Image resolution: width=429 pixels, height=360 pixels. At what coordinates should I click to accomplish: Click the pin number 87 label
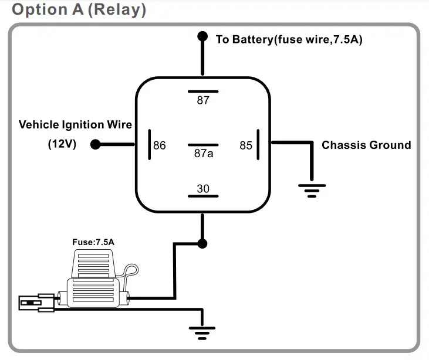(x=203, y=100)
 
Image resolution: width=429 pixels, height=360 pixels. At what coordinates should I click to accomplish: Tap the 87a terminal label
(x=204, y=154)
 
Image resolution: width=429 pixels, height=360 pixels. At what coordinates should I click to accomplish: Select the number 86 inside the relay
(x=160, y=145)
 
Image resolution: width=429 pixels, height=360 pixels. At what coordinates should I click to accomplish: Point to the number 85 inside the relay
(x=246, y=145)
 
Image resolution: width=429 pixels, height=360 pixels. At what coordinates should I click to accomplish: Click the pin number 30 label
(x=203, y=189)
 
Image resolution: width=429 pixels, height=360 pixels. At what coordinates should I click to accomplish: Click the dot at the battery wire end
(x=202, y=36)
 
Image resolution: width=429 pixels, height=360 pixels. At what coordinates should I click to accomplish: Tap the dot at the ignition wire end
(x=95, y=144)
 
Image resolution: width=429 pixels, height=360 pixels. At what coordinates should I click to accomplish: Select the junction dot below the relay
(x=202, y=243)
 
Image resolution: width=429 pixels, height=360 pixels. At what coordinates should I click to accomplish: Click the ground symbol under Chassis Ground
(x=312, y=191)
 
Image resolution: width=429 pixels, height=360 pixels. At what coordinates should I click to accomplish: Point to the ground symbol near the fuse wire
(x=202, y=333)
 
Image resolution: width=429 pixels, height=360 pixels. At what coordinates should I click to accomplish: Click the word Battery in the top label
(x=252, y=39)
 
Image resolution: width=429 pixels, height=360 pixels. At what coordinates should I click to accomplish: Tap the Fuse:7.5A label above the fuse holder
(x=93, y=242)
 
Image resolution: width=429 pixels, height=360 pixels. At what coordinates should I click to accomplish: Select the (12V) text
(x=62, y=144)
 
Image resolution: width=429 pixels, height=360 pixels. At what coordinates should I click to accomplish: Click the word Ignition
(x=83, y=125)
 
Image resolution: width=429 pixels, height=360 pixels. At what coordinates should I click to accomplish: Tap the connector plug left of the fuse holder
(x=36, y=303)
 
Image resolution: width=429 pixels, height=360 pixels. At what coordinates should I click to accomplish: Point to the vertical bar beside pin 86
(x=150, y=145)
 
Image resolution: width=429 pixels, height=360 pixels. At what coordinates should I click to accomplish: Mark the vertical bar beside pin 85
(x=258, y=145)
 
